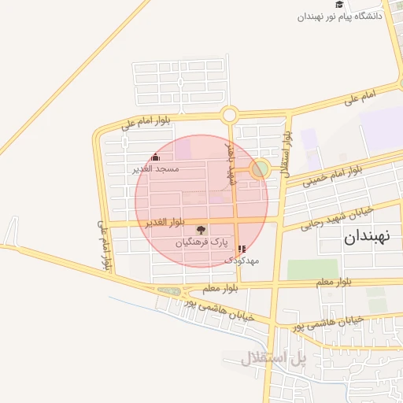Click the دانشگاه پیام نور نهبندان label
[339, 16]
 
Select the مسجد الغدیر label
[156, 168]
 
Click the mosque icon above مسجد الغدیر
[156, 157]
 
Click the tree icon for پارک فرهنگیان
[202, 231]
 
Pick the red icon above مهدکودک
[241, 249]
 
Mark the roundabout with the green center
[259, 168]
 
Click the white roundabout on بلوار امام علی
[229, 115]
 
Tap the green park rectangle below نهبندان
[312, 269]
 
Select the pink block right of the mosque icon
[183, 149]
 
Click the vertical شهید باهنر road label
[232, 161]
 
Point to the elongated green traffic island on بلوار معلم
[168, 290]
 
